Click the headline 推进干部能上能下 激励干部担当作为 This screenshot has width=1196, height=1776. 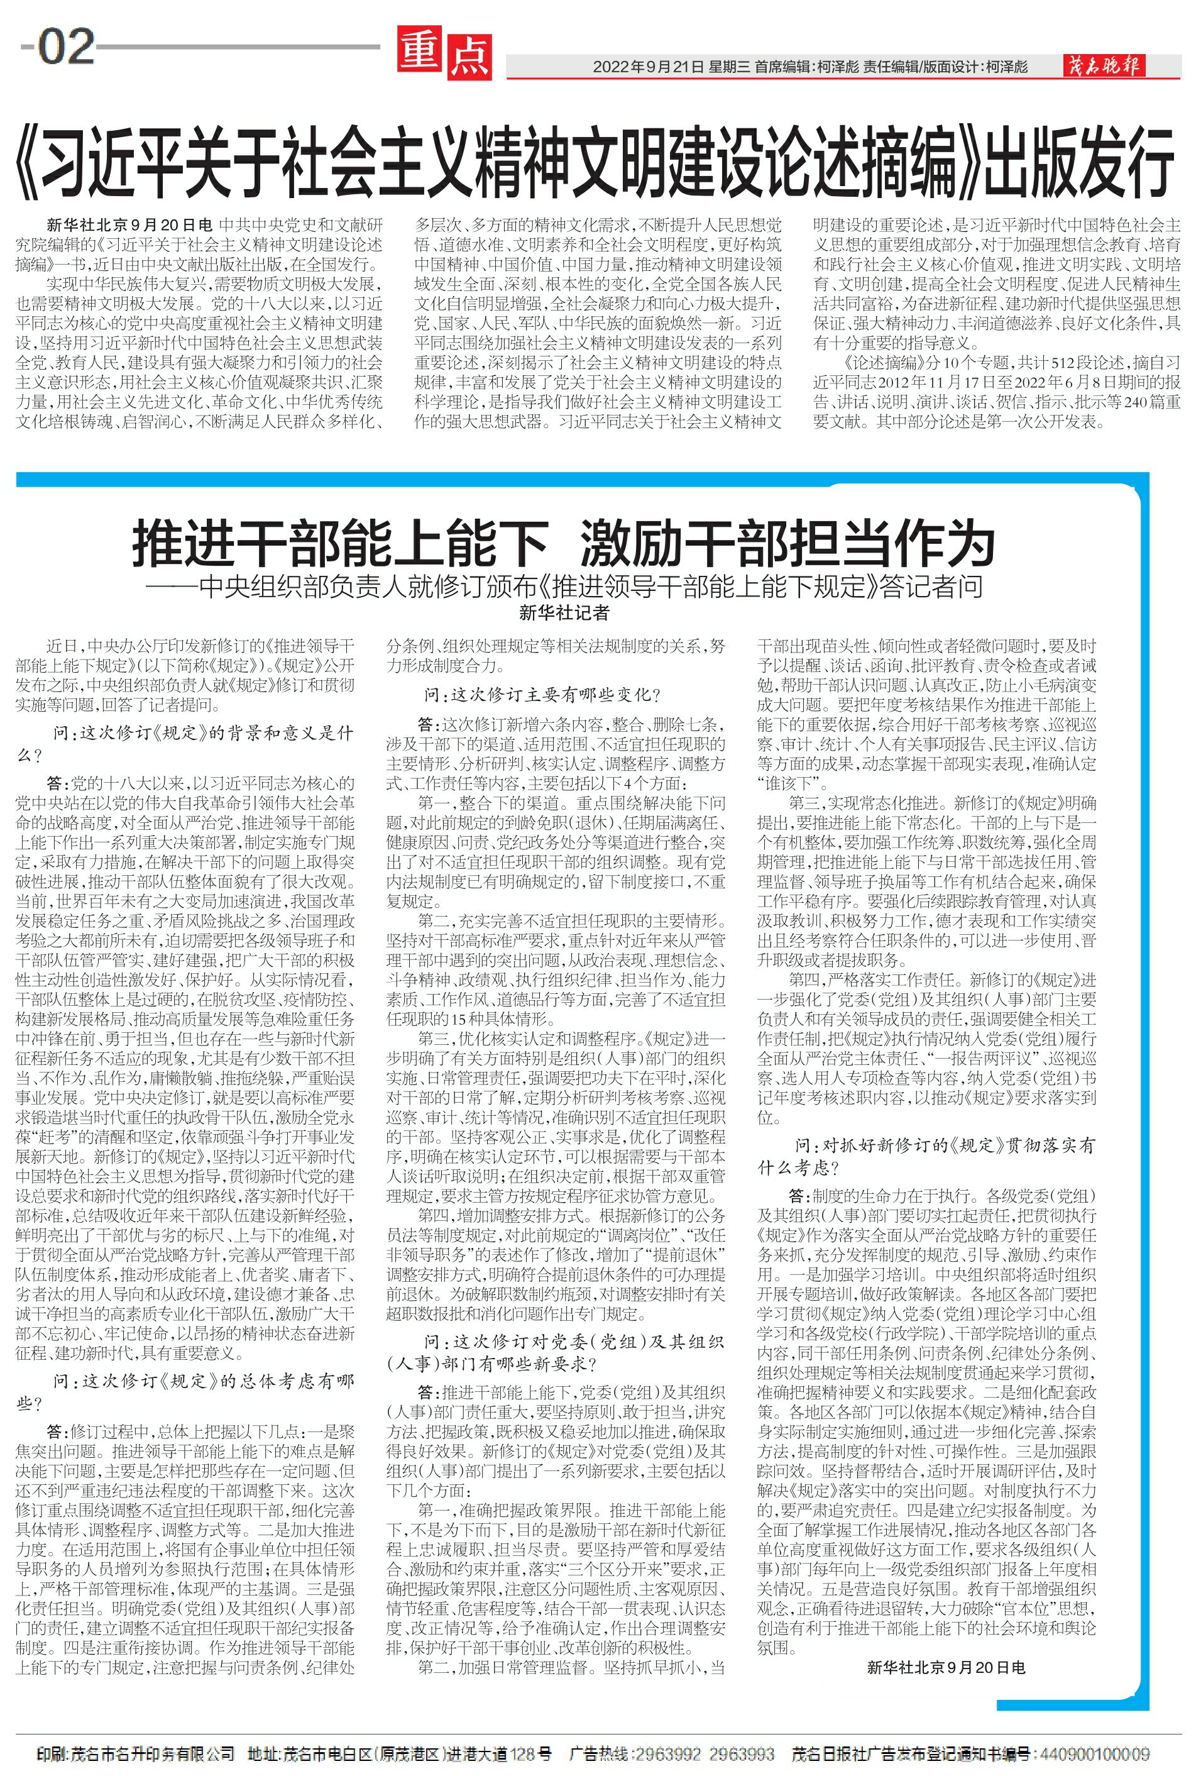(564, 543)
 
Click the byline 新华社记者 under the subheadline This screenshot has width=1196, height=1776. (564, 612)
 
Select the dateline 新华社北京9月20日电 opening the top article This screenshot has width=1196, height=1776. (129, 226)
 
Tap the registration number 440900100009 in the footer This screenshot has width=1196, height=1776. (1095, 1733)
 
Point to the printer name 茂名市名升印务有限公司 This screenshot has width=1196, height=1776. (152, 1733)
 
